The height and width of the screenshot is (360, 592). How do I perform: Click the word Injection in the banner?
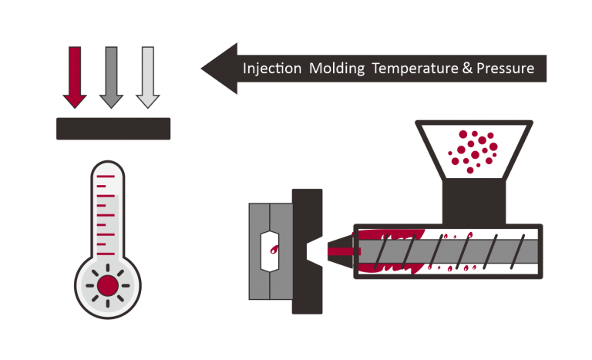(272, 69)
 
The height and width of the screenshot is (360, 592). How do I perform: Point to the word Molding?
(337, 69)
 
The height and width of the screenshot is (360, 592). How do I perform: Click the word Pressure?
(506, 69)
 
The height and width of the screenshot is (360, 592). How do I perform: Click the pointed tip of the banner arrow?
(203, 68)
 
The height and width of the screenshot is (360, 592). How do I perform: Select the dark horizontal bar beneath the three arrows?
(113, 129)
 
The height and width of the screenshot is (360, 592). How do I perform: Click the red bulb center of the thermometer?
(108, 285)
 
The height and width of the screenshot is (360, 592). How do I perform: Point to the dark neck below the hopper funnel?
(473, 202)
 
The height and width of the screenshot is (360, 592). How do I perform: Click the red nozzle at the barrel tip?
(338, 251)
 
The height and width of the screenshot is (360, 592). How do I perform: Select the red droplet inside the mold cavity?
(274, 249)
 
